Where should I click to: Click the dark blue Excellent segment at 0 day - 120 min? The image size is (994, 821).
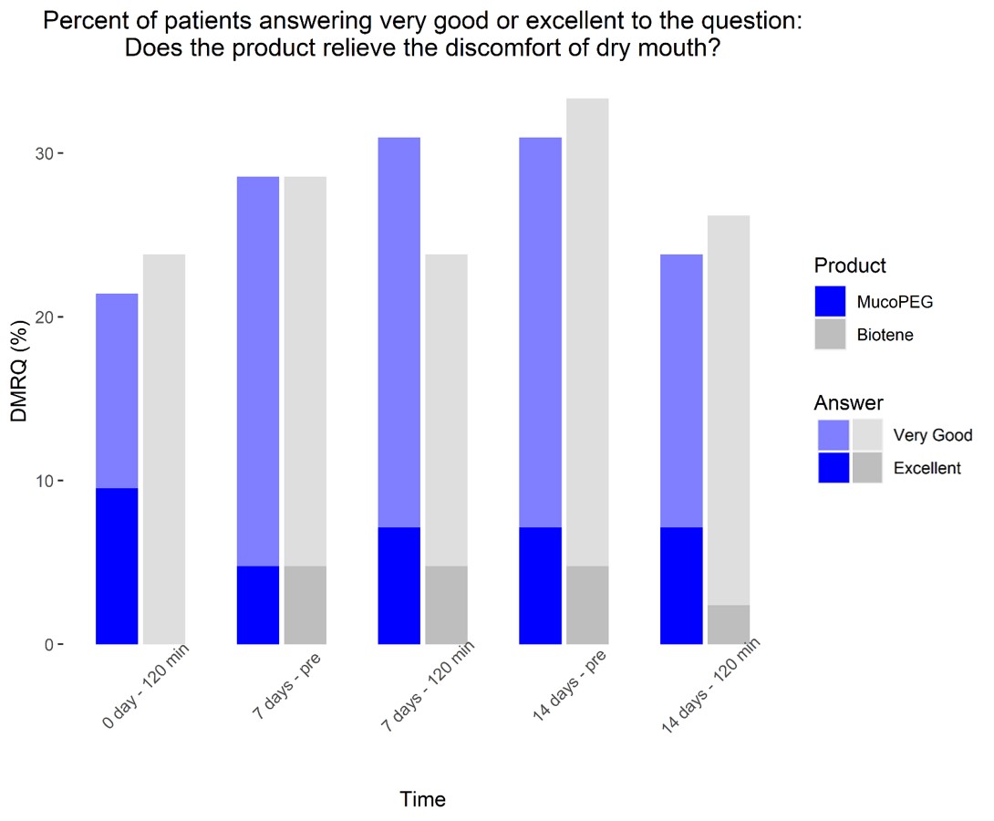tap(117, 566)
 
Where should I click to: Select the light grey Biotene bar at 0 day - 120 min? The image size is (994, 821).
tap(164, 447)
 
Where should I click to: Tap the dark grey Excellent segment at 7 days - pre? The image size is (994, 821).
tap(305, 605)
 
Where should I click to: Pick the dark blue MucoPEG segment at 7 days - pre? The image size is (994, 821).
tap(257, 605)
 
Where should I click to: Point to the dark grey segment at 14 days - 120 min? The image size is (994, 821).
tap(728, 624)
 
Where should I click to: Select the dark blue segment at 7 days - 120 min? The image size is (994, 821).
tap(399, 585)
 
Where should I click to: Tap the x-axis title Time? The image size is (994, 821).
tap(422, 800)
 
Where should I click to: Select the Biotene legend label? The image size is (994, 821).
tap(885, 335)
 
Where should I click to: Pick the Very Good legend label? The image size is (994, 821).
tap(933, 435)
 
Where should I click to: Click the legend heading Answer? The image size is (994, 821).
tap(848, 402)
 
